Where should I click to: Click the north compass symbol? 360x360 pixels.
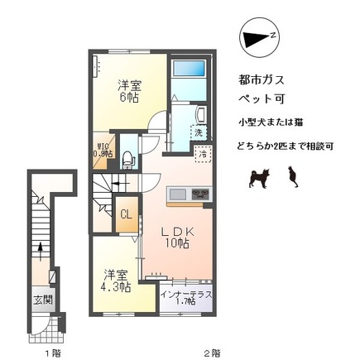tap(259, 37)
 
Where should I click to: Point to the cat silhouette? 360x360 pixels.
tap(291, 176)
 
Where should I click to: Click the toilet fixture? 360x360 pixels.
tap(127, 156)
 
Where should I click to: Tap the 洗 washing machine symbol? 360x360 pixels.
tap(198, 132)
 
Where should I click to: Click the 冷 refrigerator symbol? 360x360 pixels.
tap(201, 154)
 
